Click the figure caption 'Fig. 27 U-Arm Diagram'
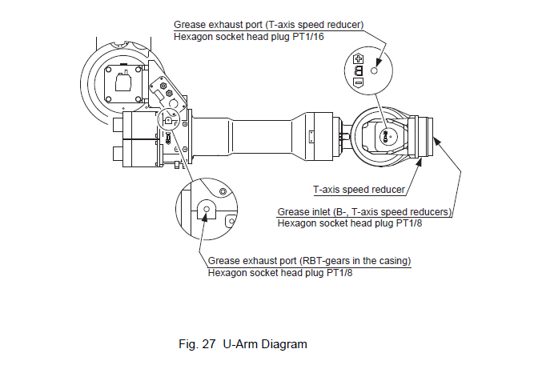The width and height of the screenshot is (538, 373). (x=243, y=345)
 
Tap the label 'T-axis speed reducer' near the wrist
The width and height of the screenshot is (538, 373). (x=358, y=191)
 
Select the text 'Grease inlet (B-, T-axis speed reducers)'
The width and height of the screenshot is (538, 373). (x=365, y=212)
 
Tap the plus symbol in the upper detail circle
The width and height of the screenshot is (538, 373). (x=358, y=60)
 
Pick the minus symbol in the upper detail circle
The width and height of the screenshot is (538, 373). (x=358, y=82)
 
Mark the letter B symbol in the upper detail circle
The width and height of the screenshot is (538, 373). (x=358, y=70)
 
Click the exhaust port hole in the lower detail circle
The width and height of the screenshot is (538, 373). (x=207, y=210)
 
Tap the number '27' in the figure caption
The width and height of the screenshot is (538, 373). (x=207, y=345)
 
